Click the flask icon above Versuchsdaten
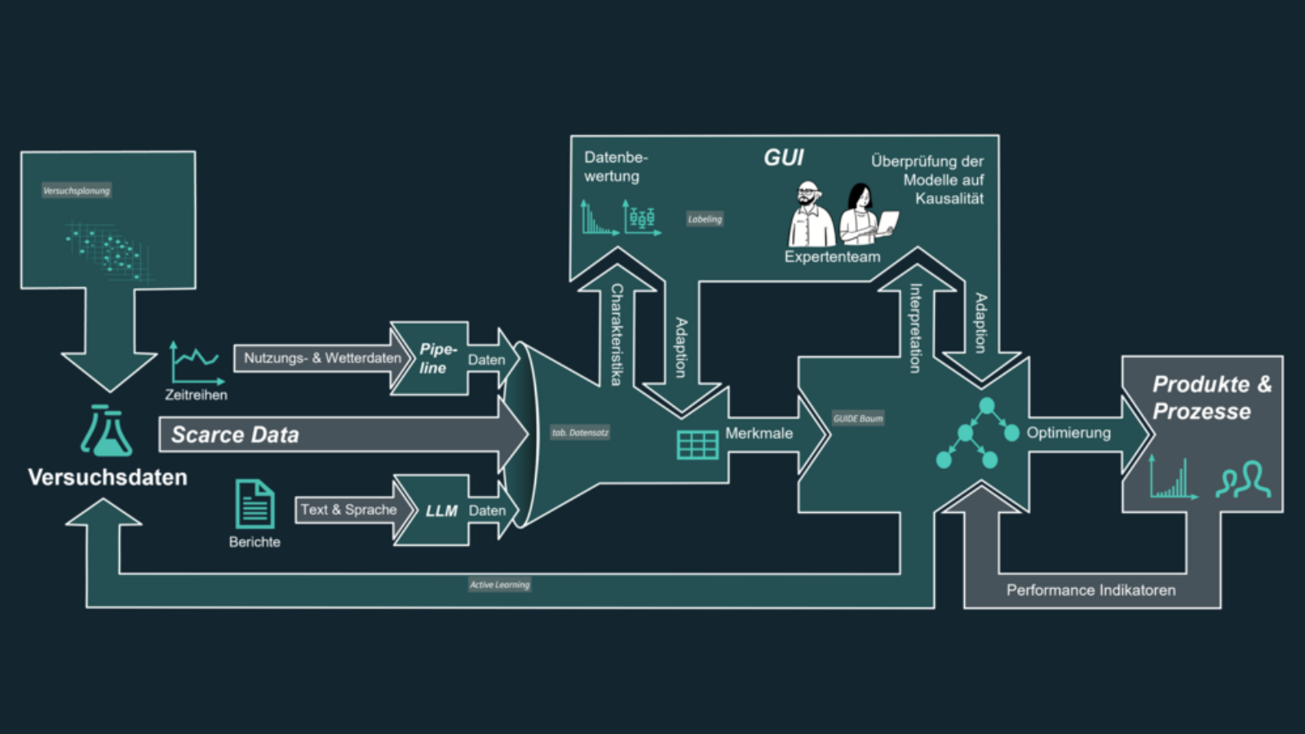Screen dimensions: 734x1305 (107, 431)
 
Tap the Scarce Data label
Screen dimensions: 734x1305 (235, 435)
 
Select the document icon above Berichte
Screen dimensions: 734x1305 (254, 504)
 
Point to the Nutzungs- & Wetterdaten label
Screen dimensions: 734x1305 (322, 358)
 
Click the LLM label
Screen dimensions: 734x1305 (441, 511)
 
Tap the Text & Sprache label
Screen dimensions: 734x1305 (348, 510)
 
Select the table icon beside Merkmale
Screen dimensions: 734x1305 (697, 444)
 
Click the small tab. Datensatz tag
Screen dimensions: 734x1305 (580, 432)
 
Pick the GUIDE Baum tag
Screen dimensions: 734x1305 (858, 418)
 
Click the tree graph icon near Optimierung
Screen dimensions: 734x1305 (977, 434)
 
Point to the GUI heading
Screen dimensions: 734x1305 (783, 157)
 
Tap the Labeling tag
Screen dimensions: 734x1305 (705, 219)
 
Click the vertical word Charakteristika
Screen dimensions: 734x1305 (617, 334)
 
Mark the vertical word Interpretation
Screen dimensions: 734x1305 (915, 328)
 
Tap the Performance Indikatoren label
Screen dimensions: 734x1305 (1090, 590)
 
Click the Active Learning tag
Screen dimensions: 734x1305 (499, 584)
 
